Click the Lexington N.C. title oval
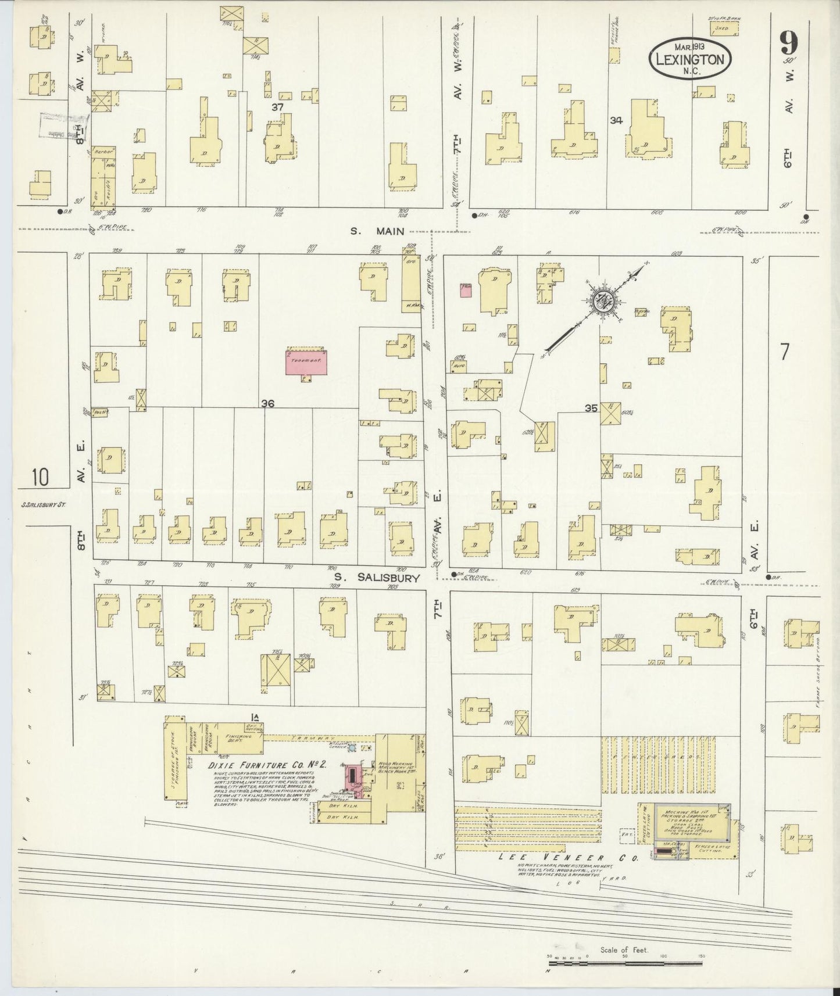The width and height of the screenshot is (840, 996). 689,59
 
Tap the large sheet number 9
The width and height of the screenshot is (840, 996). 789,44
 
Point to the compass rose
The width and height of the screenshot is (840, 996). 602,301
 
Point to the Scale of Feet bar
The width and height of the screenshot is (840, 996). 628,966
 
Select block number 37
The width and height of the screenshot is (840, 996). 277,107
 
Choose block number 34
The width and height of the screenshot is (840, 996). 616,120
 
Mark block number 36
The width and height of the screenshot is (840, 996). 267,403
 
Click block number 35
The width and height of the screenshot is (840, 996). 591,409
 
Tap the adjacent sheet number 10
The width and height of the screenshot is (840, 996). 41,478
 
